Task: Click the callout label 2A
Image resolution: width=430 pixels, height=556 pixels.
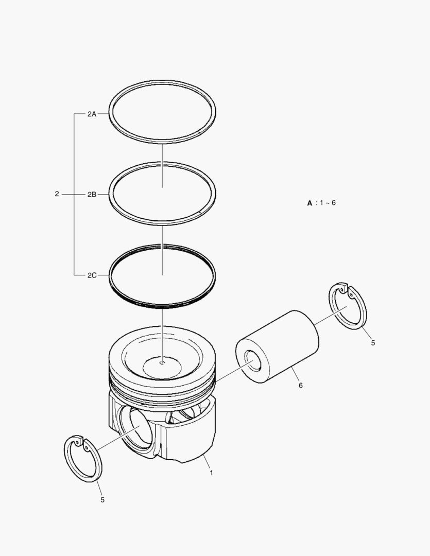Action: click(x=92, y=114)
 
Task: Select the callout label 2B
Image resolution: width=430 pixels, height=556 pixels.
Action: click(x=92, y=195)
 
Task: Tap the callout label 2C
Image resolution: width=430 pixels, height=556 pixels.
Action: click(x=92, y=275)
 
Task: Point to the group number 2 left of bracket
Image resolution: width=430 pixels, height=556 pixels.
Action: click(x=57, y=194)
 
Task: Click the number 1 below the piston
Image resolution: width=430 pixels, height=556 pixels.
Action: click(x=211, y=472)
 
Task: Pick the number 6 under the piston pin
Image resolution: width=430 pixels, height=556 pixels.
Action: click(x=300, y=384)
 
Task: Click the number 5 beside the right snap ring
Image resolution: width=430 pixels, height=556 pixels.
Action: click(x=373, y=342)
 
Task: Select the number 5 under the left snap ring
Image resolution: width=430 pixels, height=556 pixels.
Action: click(x=102, y=499)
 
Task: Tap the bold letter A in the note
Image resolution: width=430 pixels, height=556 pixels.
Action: click(x=309, y=203)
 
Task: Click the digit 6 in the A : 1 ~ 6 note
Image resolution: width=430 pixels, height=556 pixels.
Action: click(x=334, y=203)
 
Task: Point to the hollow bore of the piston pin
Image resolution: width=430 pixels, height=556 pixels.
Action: click(x=253, y=360)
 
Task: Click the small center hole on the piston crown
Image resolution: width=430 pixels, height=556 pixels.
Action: click(x=162, y=363)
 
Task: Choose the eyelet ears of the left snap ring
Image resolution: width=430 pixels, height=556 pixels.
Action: click(x=78, y=442)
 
